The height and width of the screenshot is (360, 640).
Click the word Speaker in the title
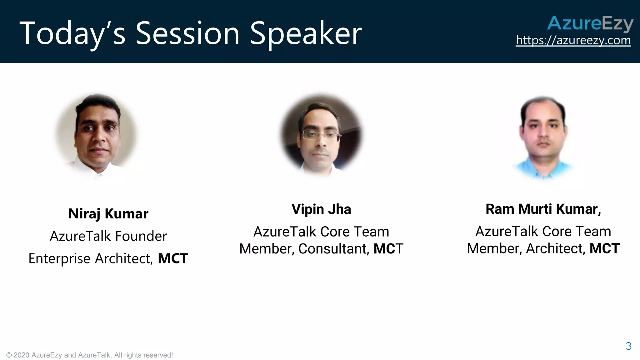coord(306,34)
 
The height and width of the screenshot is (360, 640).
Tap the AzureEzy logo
coord(590,24)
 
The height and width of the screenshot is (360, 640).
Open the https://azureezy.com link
coord(573,40)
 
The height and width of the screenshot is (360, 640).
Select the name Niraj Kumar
coord(108,214)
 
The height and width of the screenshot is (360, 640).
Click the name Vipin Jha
coord(321,209)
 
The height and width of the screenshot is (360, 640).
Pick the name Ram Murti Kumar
coord(543,209)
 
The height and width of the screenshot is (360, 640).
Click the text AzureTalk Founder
coord(108,236)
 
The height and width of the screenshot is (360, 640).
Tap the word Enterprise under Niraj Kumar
coord(59,259)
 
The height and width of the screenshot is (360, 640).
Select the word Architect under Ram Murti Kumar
coord(555,249)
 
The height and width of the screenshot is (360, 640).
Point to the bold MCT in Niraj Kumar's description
coord(173,259)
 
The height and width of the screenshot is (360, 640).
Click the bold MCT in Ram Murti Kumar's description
coord(604,249)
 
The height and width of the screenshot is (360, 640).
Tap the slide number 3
coord(628,346)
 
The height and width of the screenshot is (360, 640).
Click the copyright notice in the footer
coord(89,355)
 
